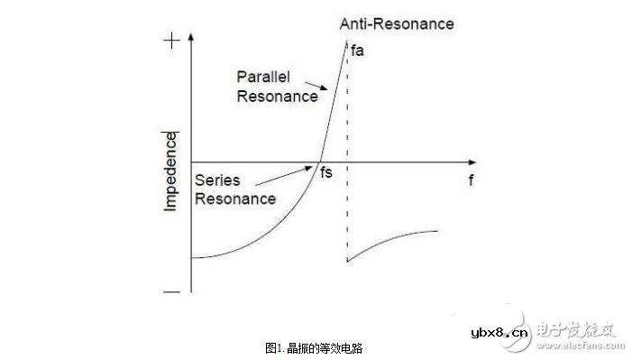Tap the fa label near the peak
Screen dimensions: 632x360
pyautogui.click(x=357, y=51)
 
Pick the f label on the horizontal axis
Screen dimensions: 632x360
pyautogui.click(x=471, y=180)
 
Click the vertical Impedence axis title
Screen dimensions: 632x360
pyautogui.click(x=170, y=171)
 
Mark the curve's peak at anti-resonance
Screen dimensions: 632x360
pyautogui.click(x=347, y=42)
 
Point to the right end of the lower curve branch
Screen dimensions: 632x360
pyautogui.click(x=438, y=231)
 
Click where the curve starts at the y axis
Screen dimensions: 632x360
pyautogui.click(x=192, y=258)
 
